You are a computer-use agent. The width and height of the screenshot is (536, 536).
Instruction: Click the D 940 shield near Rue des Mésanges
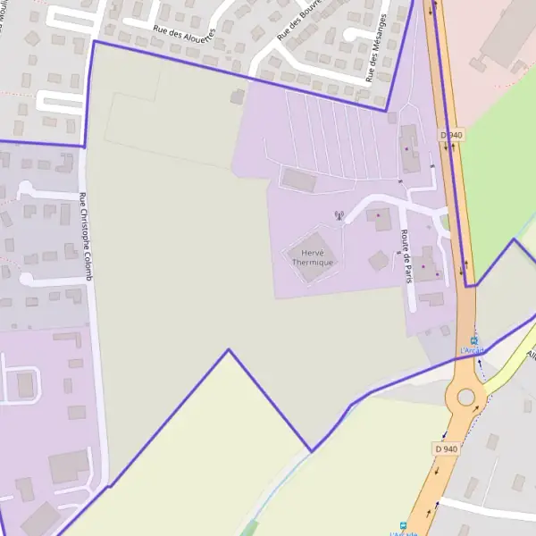[451, 135]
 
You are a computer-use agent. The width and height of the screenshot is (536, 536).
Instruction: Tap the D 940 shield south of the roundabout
[445, 448]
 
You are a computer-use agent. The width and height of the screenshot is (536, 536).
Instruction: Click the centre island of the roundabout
[465, 397]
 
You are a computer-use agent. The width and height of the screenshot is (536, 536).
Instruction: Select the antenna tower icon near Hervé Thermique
[338, 215]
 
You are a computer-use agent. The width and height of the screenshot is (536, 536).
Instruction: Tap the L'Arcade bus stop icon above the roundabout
[474, 339]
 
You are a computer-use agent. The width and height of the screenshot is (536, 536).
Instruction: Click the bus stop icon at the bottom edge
[404, 526]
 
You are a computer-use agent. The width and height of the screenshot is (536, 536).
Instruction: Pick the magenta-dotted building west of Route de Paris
[381, 219]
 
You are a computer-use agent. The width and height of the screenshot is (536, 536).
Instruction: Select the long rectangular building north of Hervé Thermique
[297, 179]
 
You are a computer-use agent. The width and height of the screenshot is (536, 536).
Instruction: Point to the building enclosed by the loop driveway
[25, 385]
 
